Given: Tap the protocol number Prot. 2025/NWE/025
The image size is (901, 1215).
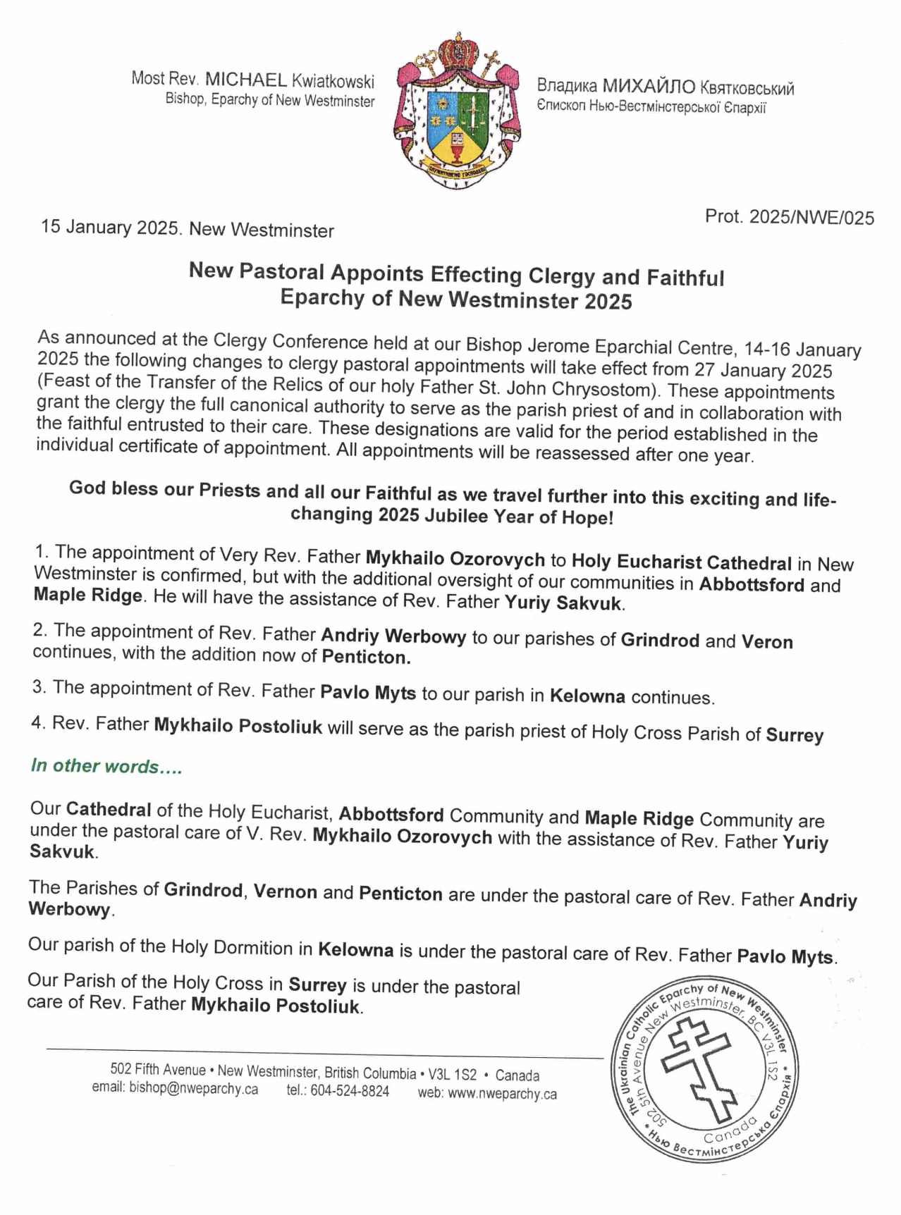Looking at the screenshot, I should coord(789,217).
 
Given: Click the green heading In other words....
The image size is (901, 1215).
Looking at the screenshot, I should coord(106,767).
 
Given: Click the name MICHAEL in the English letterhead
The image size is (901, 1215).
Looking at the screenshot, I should coord(245,80).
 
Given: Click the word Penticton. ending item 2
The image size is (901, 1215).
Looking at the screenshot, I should coord(366,658).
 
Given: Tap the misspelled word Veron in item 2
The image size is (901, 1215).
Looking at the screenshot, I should coord(767,641).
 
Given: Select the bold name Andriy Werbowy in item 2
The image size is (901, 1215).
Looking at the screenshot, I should coord(393,636).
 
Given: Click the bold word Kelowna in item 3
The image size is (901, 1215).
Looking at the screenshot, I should coord(587,696).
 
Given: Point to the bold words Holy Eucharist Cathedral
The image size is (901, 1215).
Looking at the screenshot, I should coord(681,563).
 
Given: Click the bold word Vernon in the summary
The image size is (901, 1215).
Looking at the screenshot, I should coord(285,892).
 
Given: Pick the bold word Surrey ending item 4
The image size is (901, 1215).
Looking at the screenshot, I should coord(795,735).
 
